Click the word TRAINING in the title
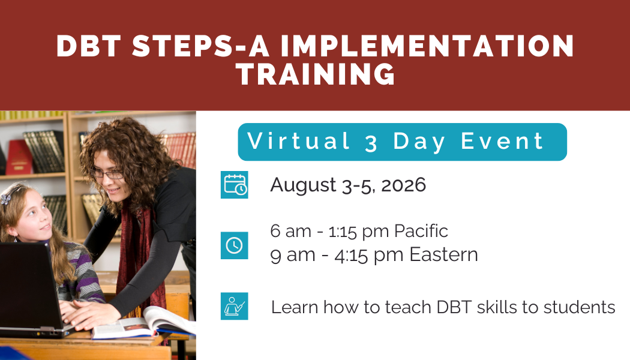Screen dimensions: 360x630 coord(315,74)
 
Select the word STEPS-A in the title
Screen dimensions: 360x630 coord(194,47)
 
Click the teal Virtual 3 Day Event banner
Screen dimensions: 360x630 coord(402,142)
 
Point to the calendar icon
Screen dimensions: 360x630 coord(234,185)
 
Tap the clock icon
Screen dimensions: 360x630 coord(234,245)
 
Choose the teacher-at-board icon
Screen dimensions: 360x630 coord(234,307)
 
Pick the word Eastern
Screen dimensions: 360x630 coord(443,254)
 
